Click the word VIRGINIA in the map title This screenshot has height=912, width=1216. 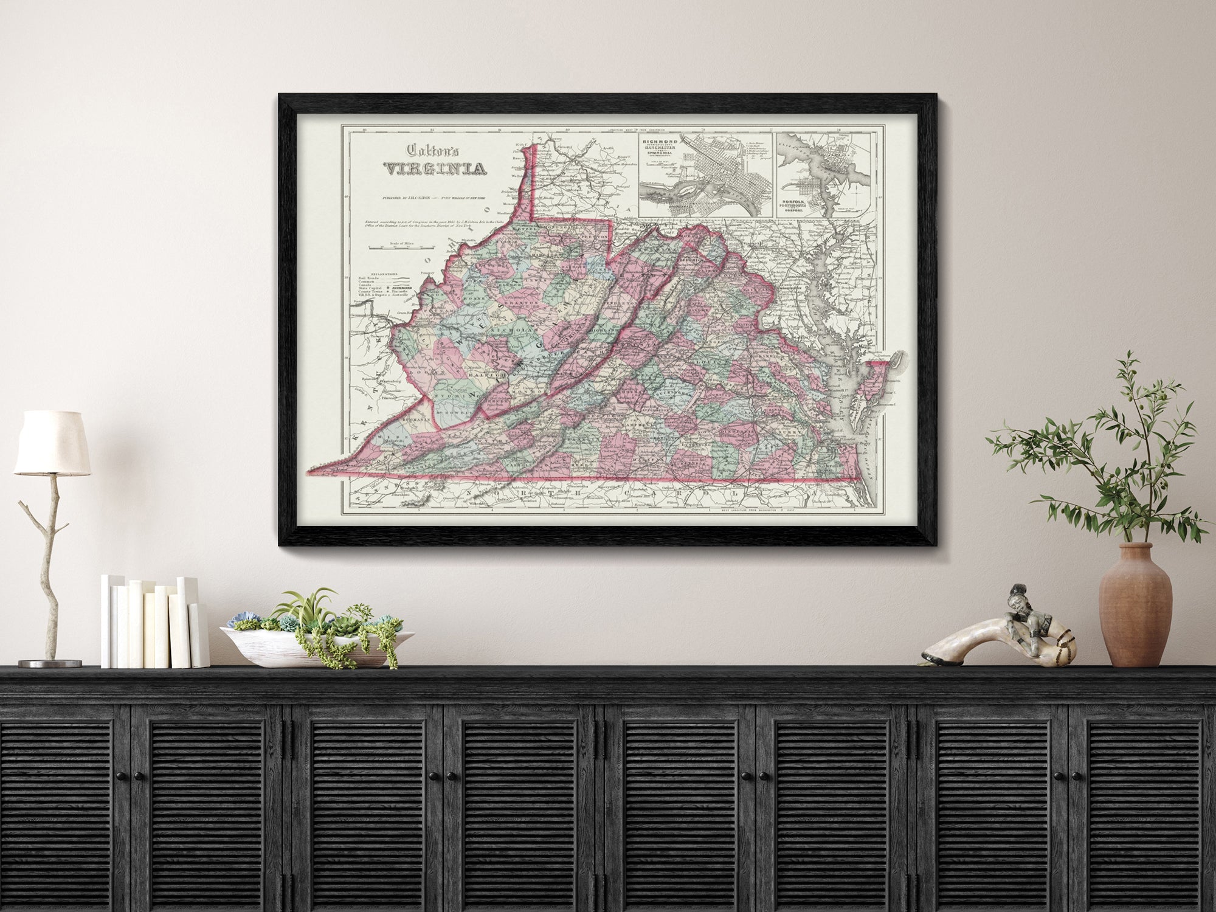[434, 168]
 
